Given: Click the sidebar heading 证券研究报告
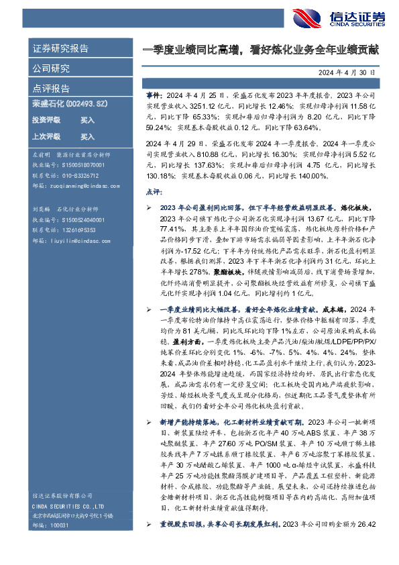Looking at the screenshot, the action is point(60,49).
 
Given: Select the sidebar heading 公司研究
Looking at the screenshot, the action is point(51,68).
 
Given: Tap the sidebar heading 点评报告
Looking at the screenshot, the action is point(51,89).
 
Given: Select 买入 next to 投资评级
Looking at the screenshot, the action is point(87,119).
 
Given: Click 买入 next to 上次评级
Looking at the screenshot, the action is point(87,136).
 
